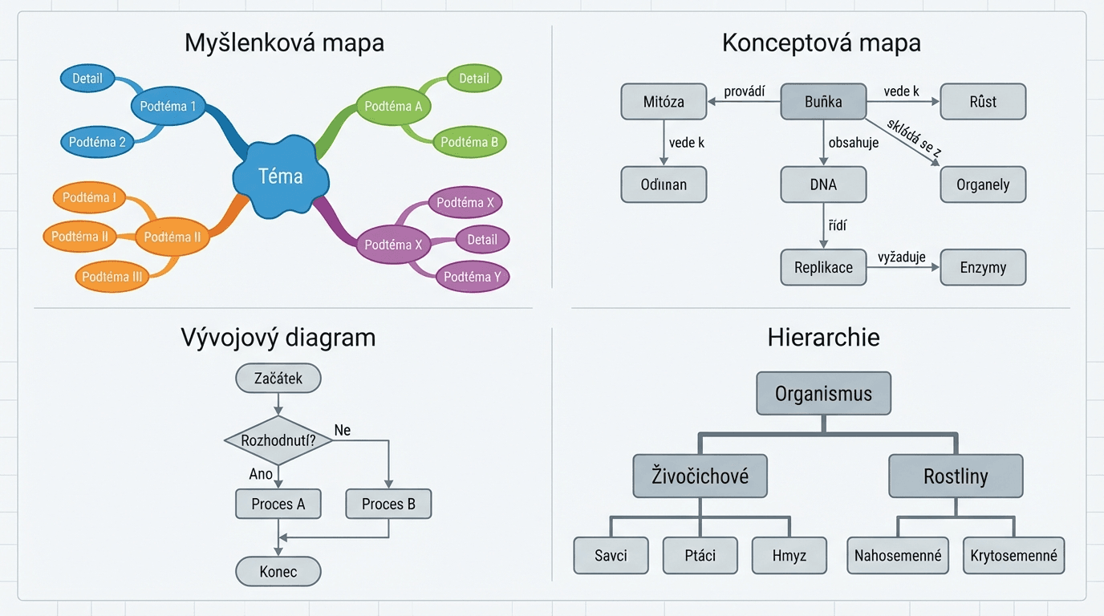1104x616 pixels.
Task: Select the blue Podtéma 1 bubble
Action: click(x=168, y=106)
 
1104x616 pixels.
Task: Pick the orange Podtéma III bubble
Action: click(x=112, y=277)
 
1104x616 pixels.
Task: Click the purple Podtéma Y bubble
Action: click(x=472, y=277)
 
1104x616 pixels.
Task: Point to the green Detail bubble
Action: click(x=473, y=79)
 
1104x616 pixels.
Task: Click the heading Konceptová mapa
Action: click(x=821, y=43)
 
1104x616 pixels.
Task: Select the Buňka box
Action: click(x=823, y=102)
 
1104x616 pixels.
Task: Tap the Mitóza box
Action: click(x=664, y=102)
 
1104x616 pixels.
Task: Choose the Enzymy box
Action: click(x=983, y=267)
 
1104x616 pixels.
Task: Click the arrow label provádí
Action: click(x=745, y=91)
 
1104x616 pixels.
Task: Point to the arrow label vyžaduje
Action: click(x=902, y=257)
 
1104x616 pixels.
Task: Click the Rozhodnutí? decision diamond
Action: click(x=278, y=440)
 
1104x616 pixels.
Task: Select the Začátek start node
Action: click(x=278, y=378)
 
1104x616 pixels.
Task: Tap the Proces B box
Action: click(x=388, y=504)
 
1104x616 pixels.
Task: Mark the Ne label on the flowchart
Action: click(x=342, y=431)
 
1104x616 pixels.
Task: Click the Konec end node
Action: click(x=278, y=572)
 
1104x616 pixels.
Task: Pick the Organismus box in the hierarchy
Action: click(x=823, y=394)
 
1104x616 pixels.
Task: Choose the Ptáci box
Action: click(x=700, y=555)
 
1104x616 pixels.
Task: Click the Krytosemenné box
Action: click(x=1013, y=555)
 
